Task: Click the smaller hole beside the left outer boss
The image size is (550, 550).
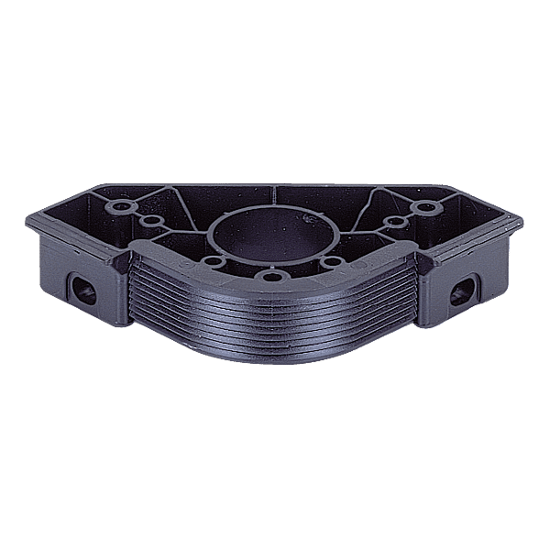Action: pyautogui.click(x=149, y=221)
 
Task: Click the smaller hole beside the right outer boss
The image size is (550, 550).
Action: pyautogui.click(x=393, y=221)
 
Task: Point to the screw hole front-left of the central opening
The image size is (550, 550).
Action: pyautogui.click(x=213, y=264)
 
